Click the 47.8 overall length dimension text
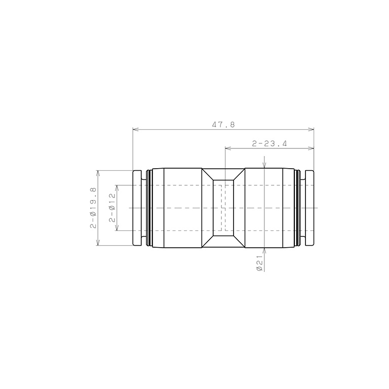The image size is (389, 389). (x=223, y=124)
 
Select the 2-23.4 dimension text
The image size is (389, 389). (x=269, y=143)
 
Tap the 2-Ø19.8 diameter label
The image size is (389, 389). (x=93, y=208)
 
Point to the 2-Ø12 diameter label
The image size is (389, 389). (x=112, y=207)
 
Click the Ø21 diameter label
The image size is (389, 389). (x=259, y=263)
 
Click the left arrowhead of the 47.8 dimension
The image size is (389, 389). (x=135, y=129)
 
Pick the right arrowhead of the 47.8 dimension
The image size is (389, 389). (x=311, y=129)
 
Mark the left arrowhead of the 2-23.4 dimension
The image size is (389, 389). (x=228, y=148)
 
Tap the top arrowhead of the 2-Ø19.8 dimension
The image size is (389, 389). (x=98, y=173)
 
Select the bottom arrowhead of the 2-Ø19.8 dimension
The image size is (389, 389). (x=98, y=243)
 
